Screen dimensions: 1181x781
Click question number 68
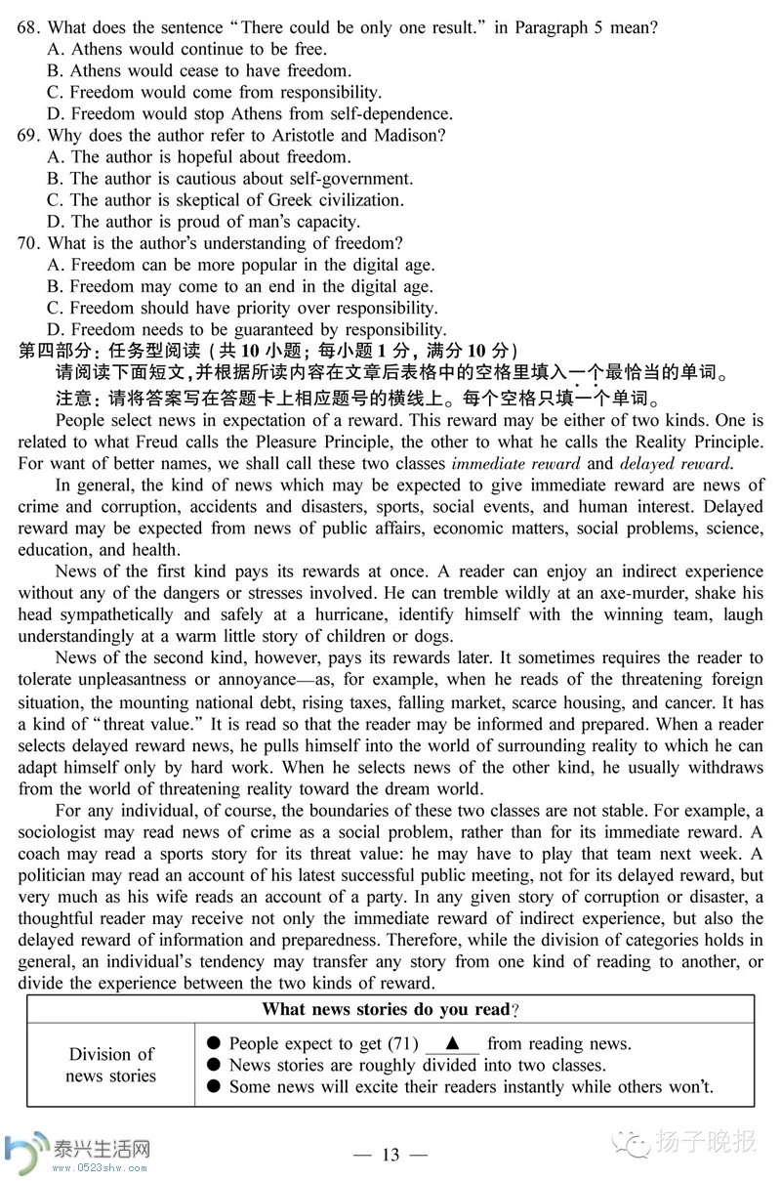pos(29,28)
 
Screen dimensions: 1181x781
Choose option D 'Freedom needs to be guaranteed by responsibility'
pos(259,329)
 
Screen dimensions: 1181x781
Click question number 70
pos(29,243)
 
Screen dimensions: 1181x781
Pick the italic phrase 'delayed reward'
pos(675,464)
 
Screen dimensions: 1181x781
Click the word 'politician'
pos(58,874)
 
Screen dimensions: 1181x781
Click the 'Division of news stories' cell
pos(111,1065)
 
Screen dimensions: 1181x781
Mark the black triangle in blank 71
pos(452,1042)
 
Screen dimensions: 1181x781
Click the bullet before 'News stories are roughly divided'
pos(214,1065)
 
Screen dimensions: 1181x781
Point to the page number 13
pos(390,1155)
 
